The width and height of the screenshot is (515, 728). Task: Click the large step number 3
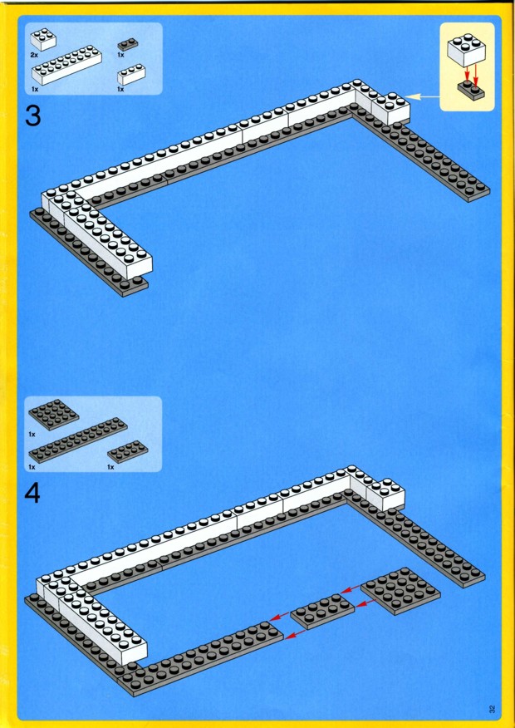coord(32,116)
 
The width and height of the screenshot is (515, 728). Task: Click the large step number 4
coord(32,494)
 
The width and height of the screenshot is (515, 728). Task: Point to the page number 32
coord(492,709)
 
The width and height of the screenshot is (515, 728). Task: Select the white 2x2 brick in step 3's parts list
coord(42,39)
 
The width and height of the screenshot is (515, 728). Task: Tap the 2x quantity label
coord(35,55)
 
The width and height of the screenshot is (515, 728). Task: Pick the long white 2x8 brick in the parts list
coord(67,65)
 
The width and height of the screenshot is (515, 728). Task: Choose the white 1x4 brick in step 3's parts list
coord(131,74)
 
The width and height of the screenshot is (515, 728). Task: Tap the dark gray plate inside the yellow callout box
coord(471,90)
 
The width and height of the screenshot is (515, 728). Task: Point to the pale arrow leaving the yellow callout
coord(423,96)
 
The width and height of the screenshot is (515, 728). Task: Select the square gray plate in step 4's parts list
coord(54,414)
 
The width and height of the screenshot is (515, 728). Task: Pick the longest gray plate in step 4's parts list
coord(78,440)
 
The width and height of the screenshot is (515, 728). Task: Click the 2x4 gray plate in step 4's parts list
coord(128,451)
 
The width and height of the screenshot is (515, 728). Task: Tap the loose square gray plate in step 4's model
coord(400,590)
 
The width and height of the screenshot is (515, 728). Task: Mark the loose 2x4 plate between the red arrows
coord(322,611)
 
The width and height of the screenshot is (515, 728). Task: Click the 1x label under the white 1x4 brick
coord(120,89)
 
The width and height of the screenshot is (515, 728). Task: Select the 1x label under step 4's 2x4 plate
coord(110,466)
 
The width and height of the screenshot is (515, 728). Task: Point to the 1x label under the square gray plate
coord(32,435)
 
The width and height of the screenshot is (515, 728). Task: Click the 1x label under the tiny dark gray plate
coord(121,55)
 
